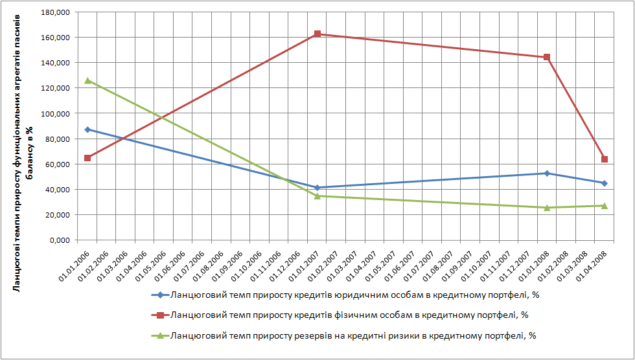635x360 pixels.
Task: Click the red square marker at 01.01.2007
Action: (317, 34)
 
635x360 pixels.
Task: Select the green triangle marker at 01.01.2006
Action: (87, 81)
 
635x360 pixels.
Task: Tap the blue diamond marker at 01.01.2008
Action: (548, 174)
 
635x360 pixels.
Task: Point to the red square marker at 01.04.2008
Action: (605, 159)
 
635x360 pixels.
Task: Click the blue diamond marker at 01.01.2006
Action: (87, 129)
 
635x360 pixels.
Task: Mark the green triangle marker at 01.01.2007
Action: (317, 196)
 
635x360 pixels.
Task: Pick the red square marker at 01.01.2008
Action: (548, 57)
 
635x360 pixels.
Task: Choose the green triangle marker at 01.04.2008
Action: (605, 206)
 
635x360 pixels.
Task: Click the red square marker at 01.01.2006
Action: (87, 158)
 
